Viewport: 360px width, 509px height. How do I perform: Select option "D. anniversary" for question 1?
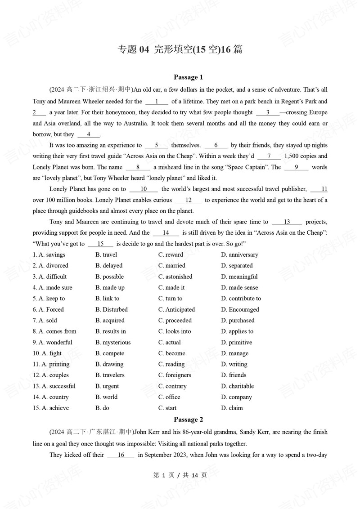coord(239,254)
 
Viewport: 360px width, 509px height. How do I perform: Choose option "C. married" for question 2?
coord(171,265)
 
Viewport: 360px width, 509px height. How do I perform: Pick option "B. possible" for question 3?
coord(109,277)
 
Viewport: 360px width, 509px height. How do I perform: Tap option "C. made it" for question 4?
coord(171,287)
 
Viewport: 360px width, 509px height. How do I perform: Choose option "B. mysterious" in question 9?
coord(113,342)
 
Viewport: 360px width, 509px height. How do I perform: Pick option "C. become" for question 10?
coord(171,353)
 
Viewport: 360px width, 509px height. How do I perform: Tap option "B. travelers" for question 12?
coord(110,375)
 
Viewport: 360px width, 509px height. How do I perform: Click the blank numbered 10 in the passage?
coord(144,189)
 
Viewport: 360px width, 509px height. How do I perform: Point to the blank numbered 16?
coord(121,455)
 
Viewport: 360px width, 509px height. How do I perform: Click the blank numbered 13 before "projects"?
coord(287,222)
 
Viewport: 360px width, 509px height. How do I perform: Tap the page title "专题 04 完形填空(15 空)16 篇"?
coord(180,49)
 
